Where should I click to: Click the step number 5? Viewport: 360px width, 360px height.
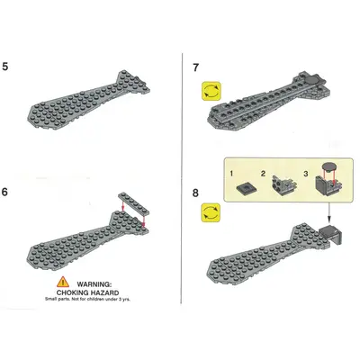pyautogui.click(x=5, y=67)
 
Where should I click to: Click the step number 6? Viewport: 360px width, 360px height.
pyautogui.click(x=4, y=192)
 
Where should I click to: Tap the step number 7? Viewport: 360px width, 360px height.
pyautogui.click(x=196, y=67)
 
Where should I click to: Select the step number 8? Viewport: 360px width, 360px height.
pyautogui.click(x=195, y=193)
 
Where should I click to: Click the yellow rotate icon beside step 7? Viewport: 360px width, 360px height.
pyautogui.click(x=211, y=91)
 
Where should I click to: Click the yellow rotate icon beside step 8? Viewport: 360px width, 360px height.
pyautogui.click(x=211, y=212)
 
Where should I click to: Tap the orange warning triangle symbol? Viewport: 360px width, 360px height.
pyautogui.click(x=63, y=282)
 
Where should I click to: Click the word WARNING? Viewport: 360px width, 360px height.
pyautogui.click(x=94, y=283)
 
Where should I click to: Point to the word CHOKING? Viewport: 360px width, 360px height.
pyautogui.click(x=73, y=292)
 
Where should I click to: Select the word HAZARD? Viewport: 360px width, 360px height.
pyautogui.click(x=104, y=292)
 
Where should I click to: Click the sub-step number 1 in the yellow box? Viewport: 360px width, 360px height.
pyautogui.click(x=231, y=174)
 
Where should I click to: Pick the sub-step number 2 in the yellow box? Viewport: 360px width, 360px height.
pyautogui.click(x=263, y=174)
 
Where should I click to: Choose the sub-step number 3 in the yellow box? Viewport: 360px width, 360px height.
pyautogui.click(x=306, y=174)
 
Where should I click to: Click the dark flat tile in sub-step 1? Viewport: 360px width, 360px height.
pyautogui.click(x=246, y=189)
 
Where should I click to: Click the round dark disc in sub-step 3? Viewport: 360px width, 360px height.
pyautogui.click(x=328, y=166)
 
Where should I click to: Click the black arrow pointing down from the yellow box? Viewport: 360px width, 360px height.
pyautogui.click(x=328, y=212)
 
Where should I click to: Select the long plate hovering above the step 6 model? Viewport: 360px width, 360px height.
pyautogui.click(x=133, y=203)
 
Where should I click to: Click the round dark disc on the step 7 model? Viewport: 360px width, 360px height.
pyautogui.click(x=312, y=80)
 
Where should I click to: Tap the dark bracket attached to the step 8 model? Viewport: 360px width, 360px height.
pyautogui.click(x=331, y=235)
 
